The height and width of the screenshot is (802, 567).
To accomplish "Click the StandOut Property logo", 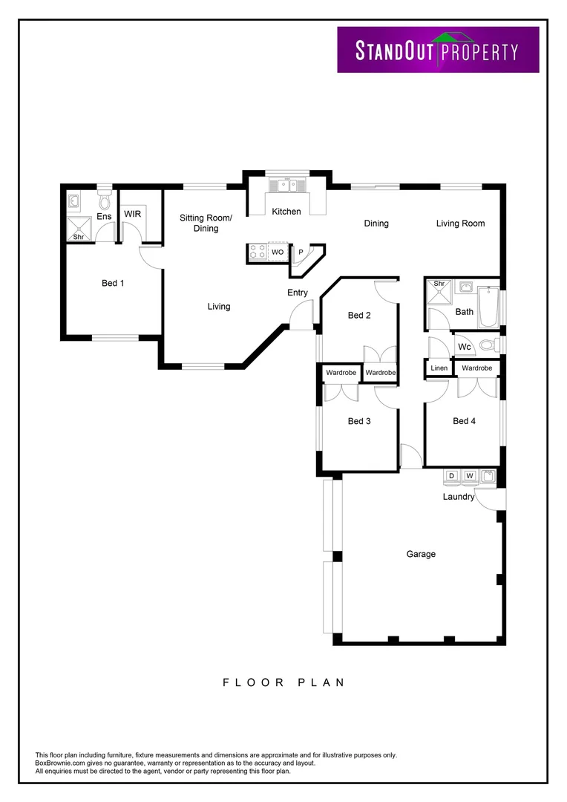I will click(438, 50).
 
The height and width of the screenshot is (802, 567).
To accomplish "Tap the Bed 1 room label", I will click(113, 283).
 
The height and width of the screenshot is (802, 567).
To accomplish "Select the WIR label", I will click(133, 214).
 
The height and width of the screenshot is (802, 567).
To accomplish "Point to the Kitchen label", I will click(286, 212).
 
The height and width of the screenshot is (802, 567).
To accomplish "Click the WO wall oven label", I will click(278, 253).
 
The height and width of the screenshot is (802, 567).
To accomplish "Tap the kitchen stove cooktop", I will click(257, 252).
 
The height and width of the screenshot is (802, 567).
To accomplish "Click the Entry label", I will click(298, 293).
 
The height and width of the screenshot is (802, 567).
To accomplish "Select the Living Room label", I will click(460, 224).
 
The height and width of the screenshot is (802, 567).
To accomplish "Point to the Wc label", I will click(465, 347).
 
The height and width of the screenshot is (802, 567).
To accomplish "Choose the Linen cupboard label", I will click(439, 368).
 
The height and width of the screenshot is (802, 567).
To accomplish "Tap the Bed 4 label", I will click(465, 421).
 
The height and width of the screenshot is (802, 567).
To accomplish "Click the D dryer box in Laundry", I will click(451, 475).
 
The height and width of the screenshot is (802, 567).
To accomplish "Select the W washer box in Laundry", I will click(470, 475).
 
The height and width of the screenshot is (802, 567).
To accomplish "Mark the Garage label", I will click(421, 554).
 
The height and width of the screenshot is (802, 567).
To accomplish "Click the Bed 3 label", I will click(359, 421).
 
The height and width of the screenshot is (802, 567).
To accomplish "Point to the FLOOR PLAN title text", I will click(283, 682).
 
